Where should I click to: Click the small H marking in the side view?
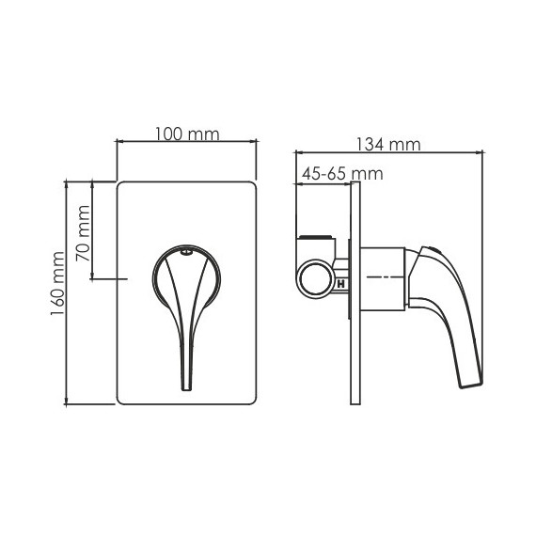click(341, 280)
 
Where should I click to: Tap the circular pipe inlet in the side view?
click(316, 279)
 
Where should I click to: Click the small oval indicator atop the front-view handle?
click(186, 252)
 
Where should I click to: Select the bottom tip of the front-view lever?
click(185, 386)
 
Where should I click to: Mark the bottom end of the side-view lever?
click(469, 381)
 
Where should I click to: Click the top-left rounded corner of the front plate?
click(121, 186)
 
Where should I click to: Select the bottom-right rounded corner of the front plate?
click(251, 399)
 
